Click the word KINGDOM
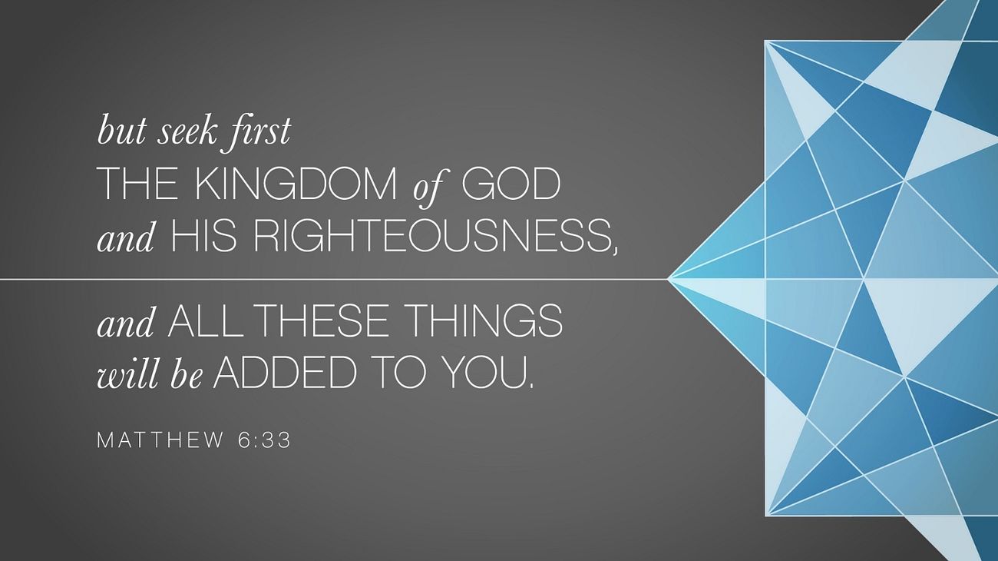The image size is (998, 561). [x=296, y=184]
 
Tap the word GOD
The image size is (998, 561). [x=511, y=184]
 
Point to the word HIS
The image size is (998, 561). [x=203, y=237]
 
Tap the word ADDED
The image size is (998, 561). [x=285, y=371]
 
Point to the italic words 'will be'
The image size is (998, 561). [x=150, y=373]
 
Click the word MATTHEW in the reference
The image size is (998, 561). [x=160, y=440]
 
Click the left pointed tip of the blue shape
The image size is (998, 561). [x=667, y=279]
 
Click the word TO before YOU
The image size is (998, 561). [x=401, y=371]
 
